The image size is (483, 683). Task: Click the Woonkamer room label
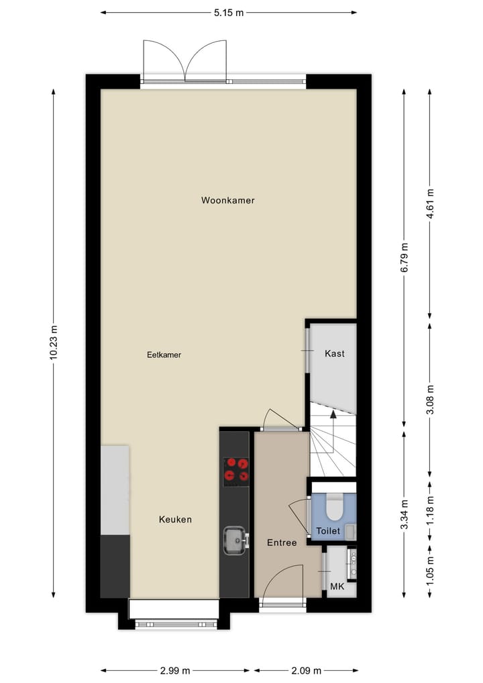227,200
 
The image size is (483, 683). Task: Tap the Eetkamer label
164,355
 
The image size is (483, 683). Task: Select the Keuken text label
175,519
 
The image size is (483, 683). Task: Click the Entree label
281,543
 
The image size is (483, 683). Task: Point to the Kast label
334,353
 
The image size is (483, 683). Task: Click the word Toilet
329,531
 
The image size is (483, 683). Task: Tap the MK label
337,586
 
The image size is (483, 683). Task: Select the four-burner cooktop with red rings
235,471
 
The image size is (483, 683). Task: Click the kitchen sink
234,539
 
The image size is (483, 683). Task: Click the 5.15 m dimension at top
228,12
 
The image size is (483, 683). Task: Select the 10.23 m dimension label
54,343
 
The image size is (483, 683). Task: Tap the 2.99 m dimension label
174,670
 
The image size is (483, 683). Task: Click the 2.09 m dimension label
305,670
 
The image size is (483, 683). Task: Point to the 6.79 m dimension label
404,258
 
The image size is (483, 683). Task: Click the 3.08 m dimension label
430,399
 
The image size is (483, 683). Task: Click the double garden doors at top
186,62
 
